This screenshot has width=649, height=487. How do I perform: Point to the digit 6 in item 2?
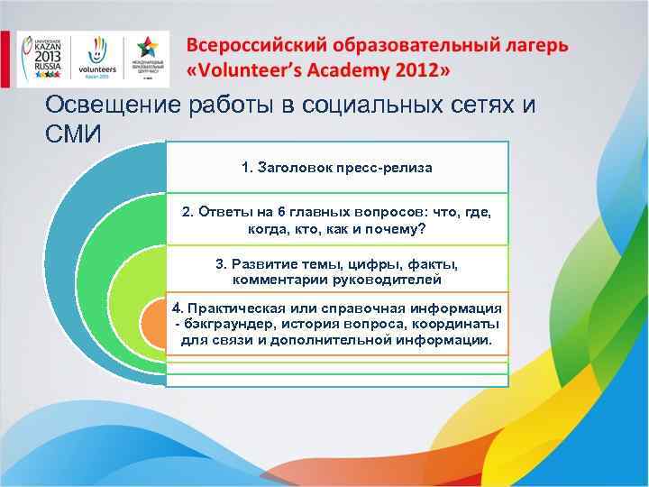pos(281,212)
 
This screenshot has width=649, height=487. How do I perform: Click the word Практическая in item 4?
pos(239,307)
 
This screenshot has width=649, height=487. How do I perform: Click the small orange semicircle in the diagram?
pos(154,325)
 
